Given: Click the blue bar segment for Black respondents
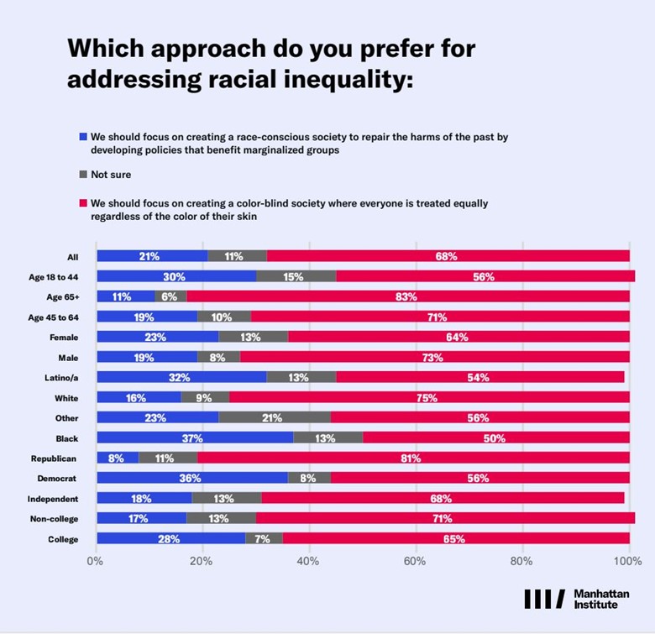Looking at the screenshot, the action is point(195,438).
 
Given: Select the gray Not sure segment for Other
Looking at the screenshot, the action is point(275,417).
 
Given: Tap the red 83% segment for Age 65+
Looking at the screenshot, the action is point(408,296).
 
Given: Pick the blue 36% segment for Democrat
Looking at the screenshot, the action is point(192,478).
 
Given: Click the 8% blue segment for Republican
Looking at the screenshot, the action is point(118,458).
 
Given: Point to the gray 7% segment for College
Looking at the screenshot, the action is point(264,538).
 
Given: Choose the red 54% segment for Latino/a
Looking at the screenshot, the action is point(480,377).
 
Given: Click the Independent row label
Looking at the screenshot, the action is point(53,499).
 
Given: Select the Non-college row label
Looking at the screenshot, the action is point(54,519).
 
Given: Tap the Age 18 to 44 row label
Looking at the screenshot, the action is point(54,277).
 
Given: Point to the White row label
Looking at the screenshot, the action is point(66,398).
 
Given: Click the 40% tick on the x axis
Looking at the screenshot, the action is point(308,561).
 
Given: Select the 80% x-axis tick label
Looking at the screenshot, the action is point(521,561).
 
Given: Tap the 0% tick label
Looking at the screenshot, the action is point(95,561).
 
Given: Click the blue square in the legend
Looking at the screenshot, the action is point(83,137).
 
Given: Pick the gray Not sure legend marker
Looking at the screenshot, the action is point(83,174).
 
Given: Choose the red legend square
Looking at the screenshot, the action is point(83,203).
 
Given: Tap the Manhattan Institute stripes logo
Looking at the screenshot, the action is point(545,599).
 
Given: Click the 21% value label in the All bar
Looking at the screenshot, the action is point(149,256).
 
